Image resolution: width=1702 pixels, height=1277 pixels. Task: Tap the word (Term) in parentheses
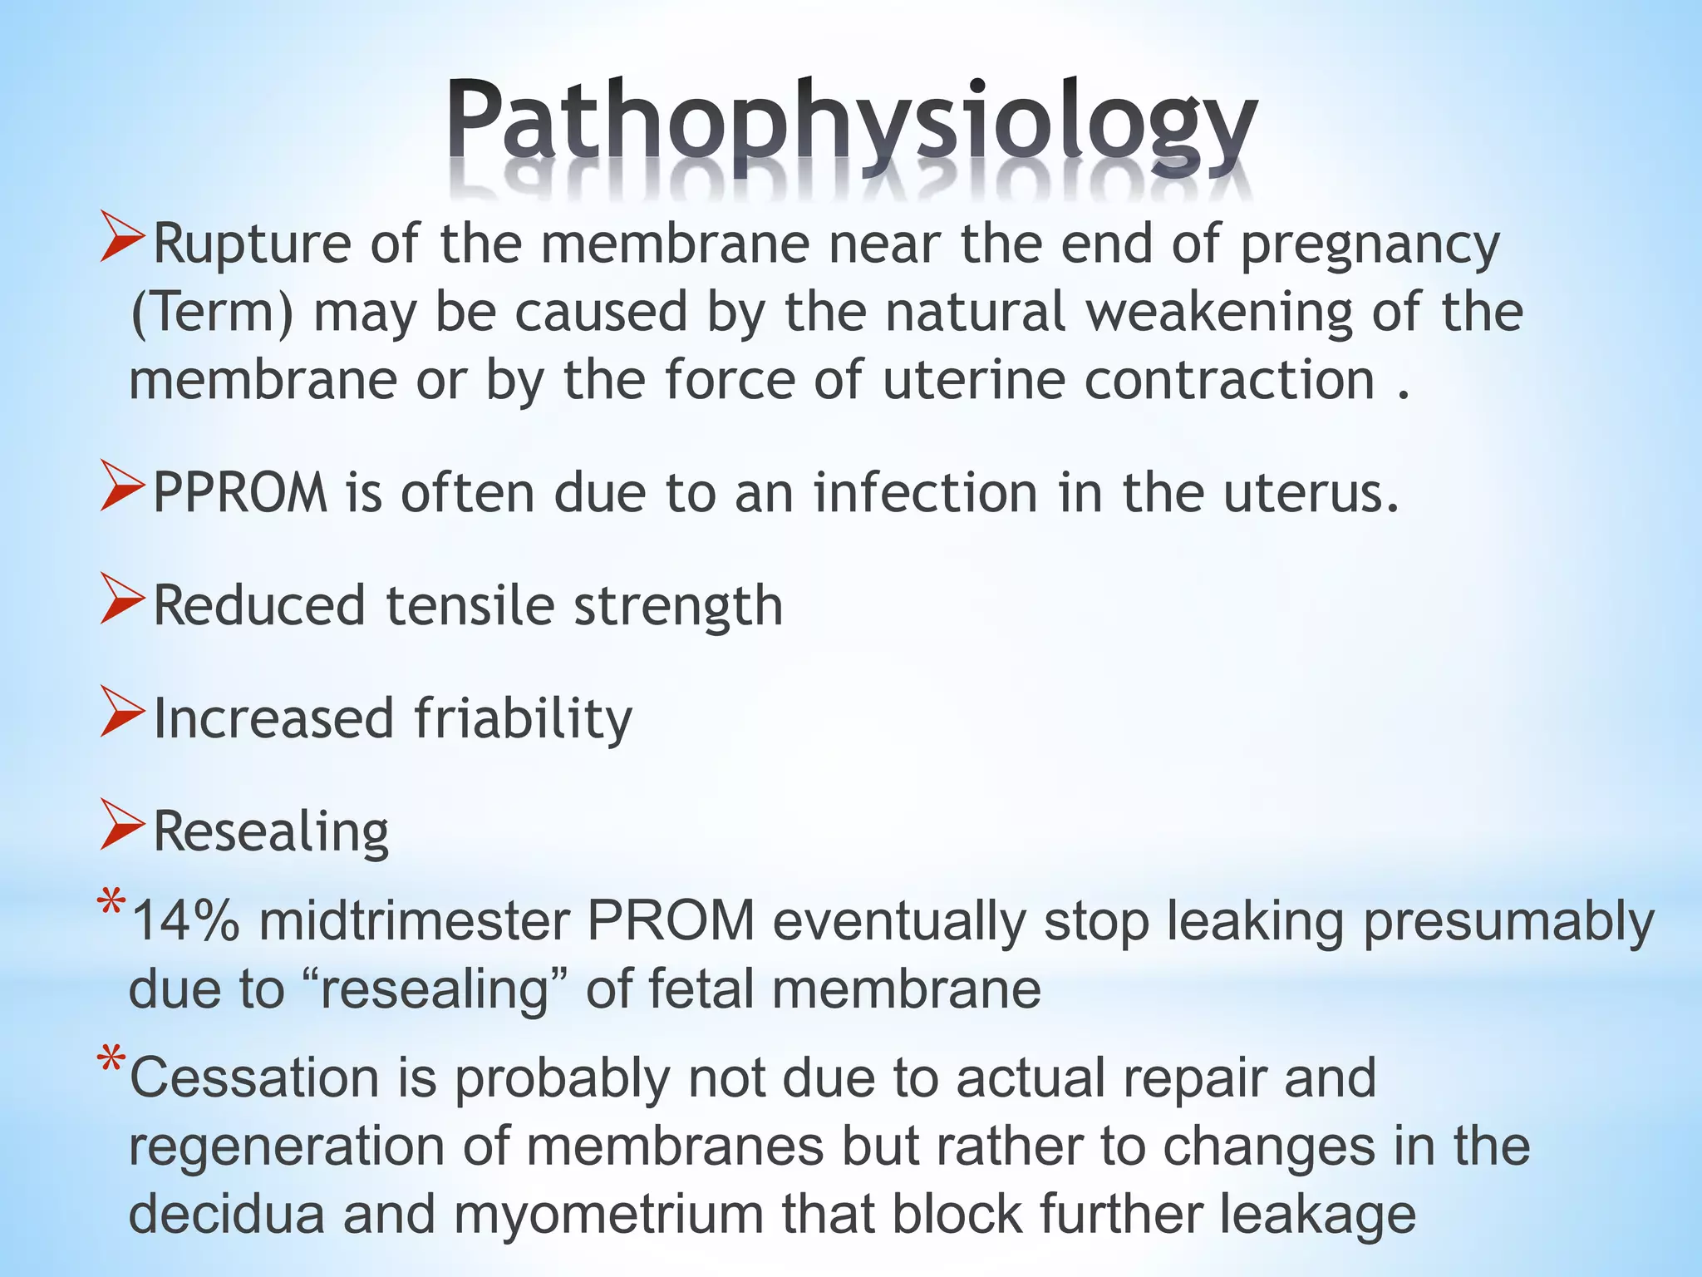point(212,313)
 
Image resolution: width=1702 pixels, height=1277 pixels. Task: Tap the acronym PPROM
point(240,493)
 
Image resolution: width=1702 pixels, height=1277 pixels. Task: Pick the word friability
point(523,718)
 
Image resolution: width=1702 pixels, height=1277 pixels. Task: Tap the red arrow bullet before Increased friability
point(123,712)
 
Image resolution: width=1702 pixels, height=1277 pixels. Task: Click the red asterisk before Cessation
point(111,1065)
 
